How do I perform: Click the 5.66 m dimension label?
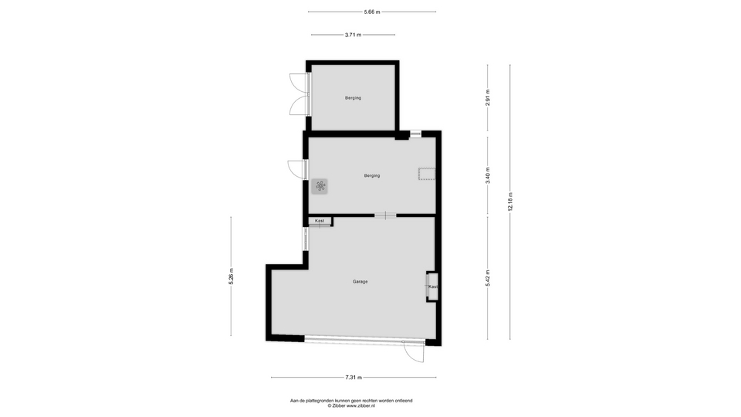(x=372, y=12)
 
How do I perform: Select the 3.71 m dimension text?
(x=353, y=35)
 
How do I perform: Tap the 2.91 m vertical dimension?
(x=488, y=98)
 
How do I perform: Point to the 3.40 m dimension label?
(x=488, y=175)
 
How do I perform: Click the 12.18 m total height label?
(x=510, y=202)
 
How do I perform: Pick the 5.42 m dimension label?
(x=488, y=278)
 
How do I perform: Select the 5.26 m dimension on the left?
(x=231, y=276)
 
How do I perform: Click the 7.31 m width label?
(x=354, y=378)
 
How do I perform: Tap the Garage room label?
(x=360, y=282)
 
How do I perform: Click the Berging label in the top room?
(x=353, y=98)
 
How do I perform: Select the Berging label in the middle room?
(x=372, y=176)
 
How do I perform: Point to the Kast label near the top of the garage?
(x=320, y=221)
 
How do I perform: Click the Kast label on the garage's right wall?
(x=433, y=286)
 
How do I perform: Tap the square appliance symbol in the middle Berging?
(x=320, y=186)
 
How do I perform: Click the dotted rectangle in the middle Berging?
(x=427, y=174)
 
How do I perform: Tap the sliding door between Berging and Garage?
(x=386, y=215)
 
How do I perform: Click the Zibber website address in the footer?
(x=360, y=405)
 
